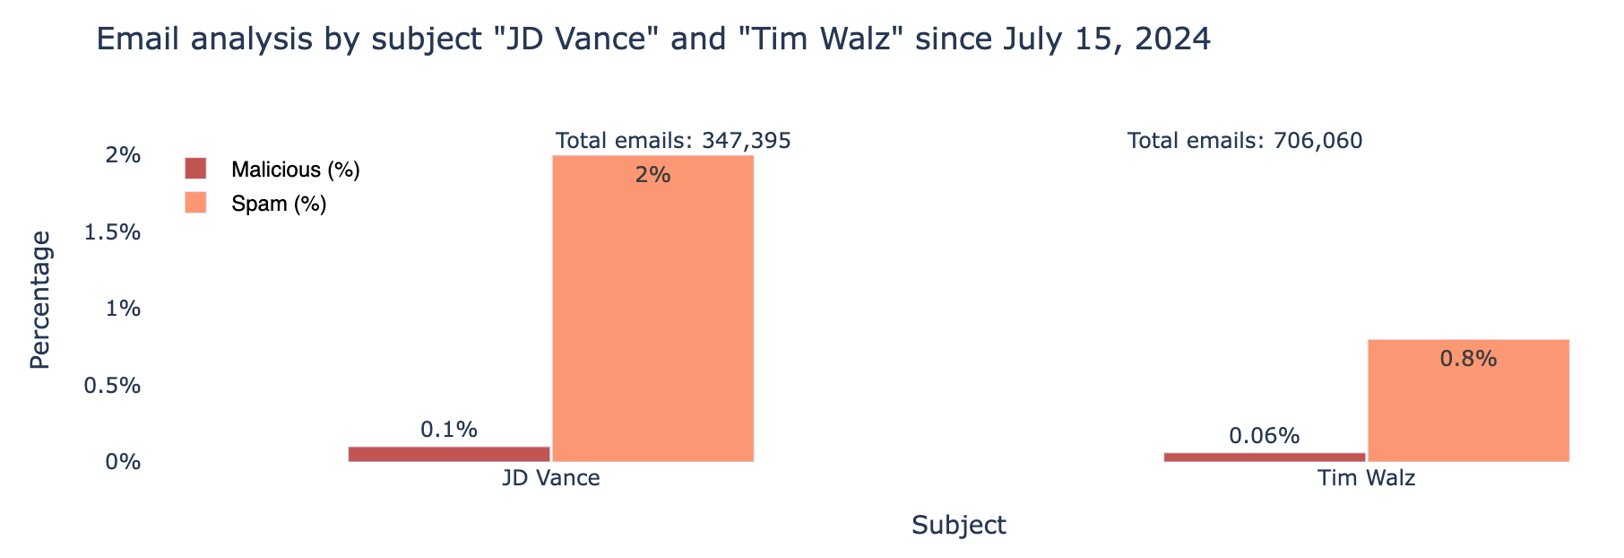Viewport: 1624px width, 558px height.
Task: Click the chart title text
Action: pos(653,39)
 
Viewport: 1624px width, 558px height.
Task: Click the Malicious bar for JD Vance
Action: pos(449,454)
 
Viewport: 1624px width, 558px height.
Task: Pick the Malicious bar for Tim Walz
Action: pos(1264,458)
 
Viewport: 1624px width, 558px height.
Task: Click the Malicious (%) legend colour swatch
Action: pos(195,169)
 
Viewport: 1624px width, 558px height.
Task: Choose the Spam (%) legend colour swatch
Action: pos(195,204)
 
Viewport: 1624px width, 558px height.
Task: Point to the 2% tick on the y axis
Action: pos(124,156)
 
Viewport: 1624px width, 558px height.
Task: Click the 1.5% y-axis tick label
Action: pos(112,232)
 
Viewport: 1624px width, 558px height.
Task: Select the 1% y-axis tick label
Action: pos(124,309)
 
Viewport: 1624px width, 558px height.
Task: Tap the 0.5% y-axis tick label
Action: pos(112,386)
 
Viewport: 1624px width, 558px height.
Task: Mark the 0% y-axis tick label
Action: pos(124,463)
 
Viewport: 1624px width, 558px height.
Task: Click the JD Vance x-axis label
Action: pos(550,478)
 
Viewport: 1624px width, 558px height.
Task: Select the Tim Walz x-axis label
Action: pos(1366,478)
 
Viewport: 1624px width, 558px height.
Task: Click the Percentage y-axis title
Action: pos(39,300)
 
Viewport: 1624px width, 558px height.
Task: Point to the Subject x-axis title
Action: pos(958,526)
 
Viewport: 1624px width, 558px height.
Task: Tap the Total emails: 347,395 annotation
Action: pos(673,141)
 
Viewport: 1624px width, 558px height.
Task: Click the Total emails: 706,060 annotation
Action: pos(1244,141)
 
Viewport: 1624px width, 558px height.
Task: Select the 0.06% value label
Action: pos(1264,437)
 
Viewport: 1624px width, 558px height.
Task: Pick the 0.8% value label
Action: pos(1468,359)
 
